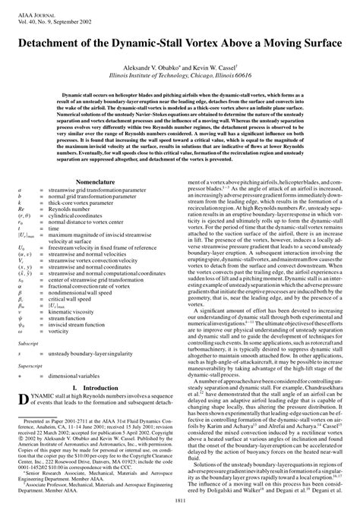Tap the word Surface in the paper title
[316, 43]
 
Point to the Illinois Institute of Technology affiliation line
[179, 76]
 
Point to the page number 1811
[180, 499]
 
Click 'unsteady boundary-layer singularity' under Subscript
[94, 353]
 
